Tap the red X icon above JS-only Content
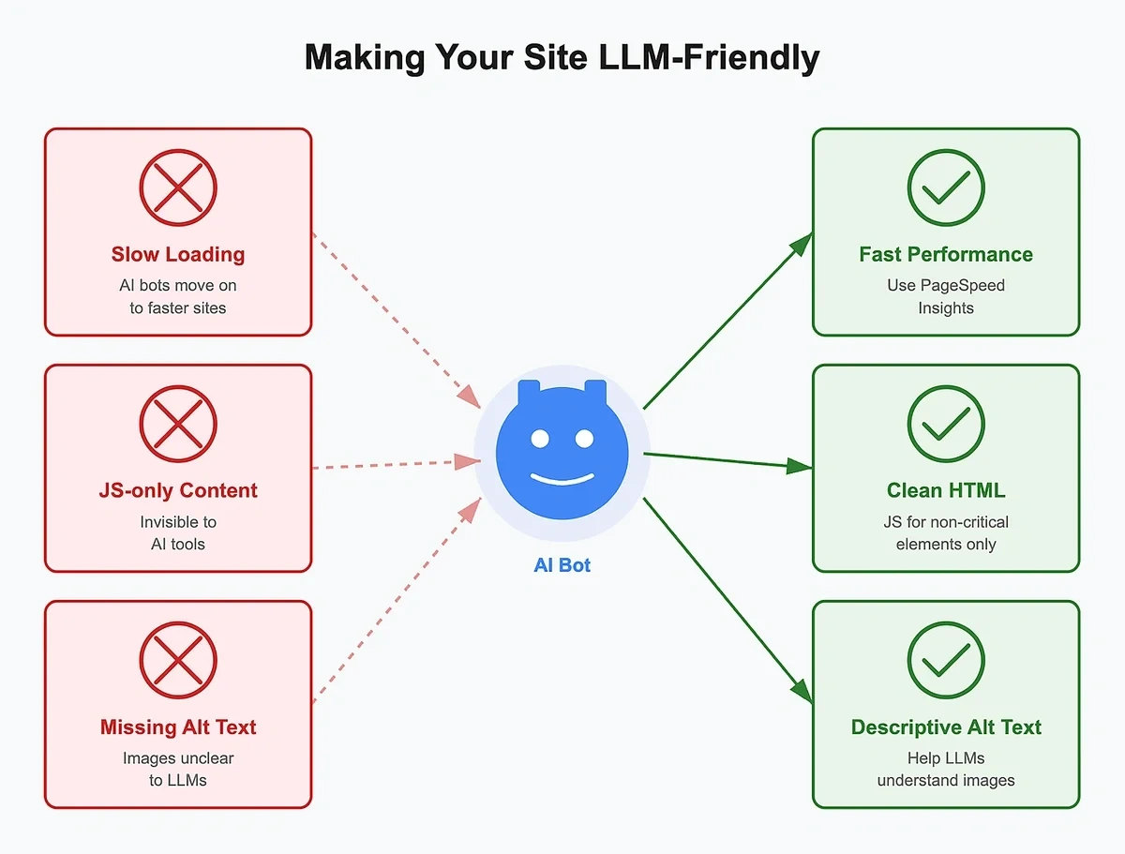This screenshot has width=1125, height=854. point(178,424)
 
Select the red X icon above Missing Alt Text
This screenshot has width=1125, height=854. point(178,660)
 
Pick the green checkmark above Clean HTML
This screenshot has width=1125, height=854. point(946,424)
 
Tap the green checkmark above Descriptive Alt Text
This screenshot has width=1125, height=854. point(946,660)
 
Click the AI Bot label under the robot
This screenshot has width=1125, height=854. point(562,565)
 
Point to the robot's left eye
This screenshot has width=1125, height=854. point(539,438)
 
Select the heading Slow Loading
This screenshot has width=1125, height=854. point(178,254)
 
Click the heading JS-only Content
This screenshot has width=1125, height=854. point(178,490)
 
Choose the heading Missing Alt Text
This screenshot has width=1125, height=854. point(178,727)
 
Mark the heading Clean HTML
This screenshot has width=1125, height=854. point(946,490)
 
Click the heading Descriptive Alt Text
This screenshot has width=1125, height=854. point(946,727)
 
